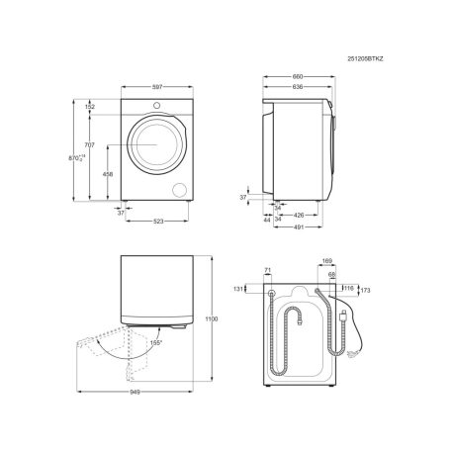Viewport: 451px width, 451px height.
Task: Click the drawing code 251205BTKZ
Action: pyautogui.click(x=365, y=59)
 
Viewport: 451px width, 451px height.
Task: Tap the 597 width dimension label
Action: pyautogui.click(x=157, y=87)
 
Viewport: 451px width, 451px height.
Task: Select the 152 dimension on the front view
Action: pyautogui.click(x=90, y=107)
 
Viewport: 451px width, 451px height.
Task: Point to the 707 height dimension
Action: pyautogui.click(x=89, y=145)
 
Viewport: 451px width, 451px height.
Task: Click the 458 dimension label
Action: pyautogui.click(x=108, y=174)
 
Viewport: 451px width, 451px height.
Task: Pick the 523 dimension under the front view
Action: pyautogui.click(x=158, y=222)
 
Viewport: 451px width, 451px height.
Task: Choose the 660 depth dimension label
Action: pyautogui.click(x=298, y=77)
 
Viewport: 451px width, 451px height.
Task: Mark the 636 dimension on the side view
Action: pyautogui.click(x=298, y=87)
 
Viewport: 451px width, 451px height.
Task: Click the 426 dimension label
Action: pyautogui.click(x=299, y=216)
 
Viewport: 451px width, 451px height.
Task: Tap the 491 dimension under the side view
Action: pyautogui.click(x=299, y=227)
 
